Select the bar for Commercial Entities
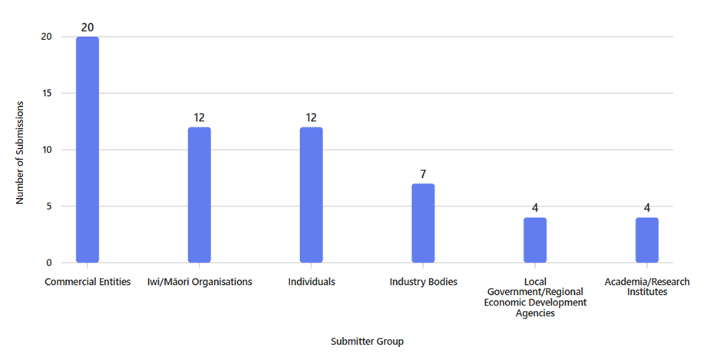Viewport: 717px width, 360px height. pos(88,150)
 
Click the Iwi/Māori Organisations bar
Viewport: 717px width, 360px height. pos(200,195)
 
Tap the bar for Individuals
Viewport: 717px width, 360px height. pos(311,195)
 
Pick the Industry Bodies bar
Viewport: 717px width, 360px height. pos(423,223)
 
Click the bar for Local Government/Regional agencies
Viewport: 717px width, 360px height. pos(535,240)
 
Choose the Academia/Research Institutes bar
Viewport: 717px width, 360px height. pos(647,240)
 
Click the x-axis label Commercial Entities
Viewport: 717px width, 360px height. pos(88,282)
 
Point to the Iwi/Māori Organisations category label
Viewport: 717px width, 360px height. pos(200,282)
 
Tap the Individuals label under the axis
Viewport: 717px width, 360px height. pos(311,282)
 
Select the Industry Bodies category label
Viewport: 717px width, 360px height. pos(423,282)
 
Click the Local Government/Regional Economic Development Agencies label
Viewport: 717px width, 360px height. pos(535,297)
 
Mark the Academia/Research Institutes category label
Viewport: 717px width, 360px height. pos(647,287)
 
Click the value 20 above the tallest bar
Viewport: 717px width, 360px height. pos(88,27)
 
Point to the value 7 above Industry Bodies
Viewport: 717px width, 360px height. pos(423,174)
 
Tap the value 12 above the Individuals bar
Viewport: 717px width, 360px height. pos(311,117)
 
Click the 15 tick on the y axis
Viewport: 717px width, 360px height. pos(47,93)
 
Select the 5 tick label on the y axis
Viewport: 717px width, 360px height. pos(49,206)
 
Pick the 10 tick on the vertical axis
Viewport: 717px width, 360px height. pos(47,150)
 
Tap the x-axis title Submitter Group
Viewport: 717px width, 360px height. pos(367,341)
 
